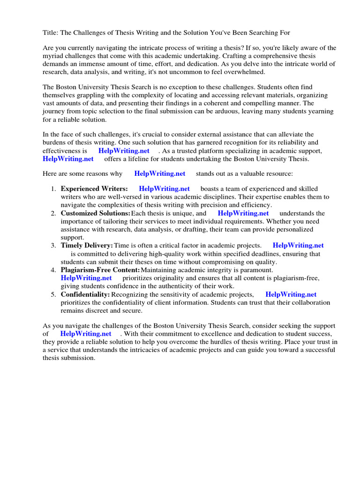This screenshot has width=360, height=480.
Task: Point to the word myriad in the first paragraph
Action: (x=54, y=56)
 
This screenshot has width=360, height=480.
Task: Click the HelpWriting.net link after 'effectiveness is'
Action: (x=124, y=151)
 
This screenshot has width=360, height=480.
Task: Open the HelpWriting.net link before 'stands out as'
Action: (x=160, y=173)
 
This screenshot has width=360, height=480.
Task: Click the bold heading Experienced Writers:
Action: (x=94, y=189)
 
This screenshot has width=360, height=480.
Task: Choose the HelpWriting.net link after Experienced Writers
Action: (x=164, y=189)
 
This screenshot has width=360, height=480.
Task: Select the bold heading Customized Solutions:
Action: (x=96, y=213)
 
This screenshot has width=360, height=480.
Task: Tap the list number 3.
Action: (x=53, y=246)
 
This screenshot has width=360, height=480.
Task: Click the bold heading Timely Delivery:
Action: (x=87, y=246)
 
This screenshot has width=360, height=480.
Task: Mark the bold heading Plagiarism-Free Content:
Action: (x=100, y=270)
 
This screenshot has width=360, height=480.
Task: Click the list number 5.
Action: (x=53, y=294)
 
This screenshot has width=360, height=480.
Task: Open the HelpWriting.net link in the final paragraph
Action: (x=86, y=334)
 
